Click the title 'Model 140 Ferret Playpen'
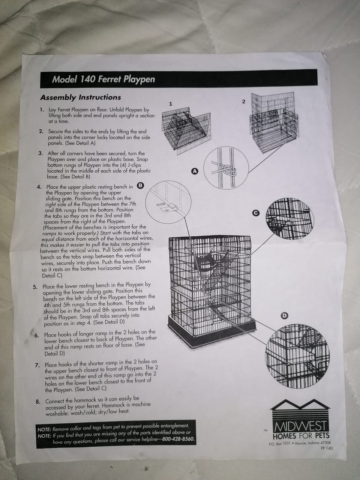click(103, 79)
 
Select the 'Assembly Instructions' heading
click(80, 97)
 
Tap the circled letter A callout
click(195, 171)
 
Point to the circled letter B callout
click(140, 186)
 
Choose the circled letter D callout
click(284, 315)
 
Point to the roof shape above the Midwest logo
click(300, 406)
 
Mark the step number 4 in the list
click(39, 187)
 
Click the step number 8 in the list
click(38, 402)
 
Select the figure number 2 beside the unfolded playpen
click(243, 102)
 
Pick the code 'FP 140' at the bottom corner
click(327, 448)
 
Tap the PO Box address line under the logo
click(300, 443)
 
